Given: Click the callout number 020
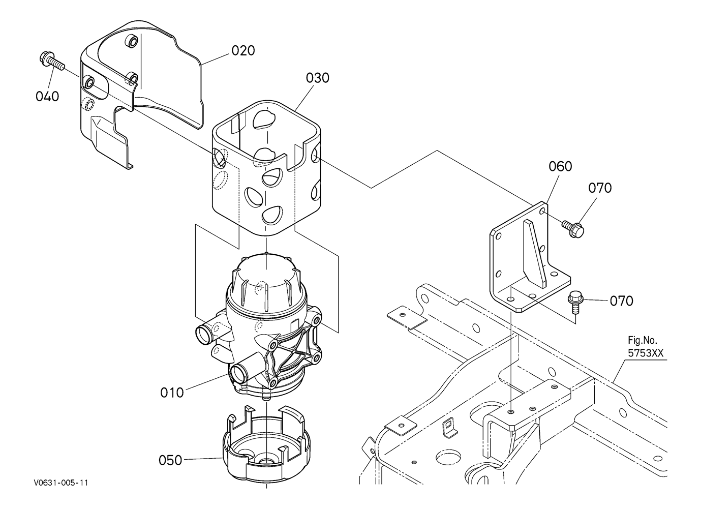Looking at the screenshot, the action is pos(243,50).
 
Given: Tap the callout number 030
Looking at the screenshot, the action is pos(318,78).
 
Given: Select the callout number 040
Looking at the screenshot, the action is pos(47,97).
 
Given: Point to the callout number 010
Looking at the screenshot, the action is pos(172,393).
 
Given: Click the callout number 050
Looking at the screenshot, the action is pos(170,460).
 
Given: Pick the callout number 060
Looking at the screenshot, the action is pos(561,166).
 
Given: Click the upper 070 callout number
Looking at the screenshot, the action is pos(600,188).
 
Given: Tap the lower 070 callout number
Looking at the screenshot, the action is pos(622,301).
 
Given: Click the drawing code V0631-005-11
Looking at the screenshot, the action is pos(61,483).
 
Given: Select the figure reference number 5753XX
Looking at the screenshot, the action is pos(646,353).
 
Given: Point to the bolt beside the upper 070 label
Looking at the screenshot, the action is pos(573,228).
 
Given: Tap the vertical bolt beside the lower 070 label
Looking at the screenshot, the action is pos(574,302).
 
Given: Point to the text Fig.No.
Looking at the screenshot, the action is pos(643,340).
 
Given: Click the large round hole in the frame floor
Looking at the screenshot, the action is pos(447,458).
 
